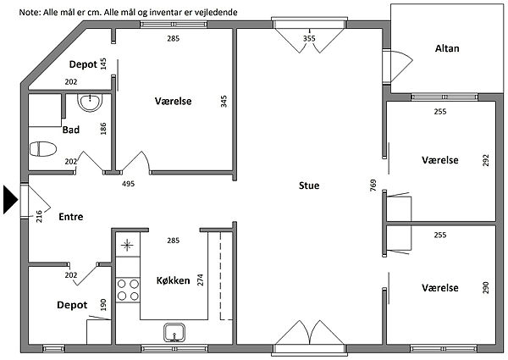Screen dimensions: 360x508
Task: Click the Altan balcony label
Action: coord(446,48)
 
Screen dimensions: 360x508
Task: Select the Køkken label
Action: coord(172,280)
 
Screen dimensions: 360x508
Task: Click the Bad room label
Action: coord(71,130)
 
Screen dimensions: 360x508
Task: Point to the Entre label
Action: coord(70,217)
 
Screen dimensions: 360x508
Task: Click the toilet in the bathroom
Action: coord(41,149)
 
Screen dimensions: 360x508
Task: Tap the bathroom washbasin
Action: coord(89,104)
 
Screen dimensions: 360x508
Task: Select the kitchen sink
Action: coord(175,332)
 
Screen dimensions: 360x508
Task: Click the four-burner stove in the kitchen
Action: coord(128,290)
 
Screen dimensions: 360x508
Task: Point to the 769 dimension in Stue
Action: coord(373,186)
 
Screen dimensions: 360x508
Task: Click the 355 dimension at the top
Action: coord(309,38)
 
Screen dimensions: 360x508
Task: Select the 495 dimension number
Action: coord(129,184)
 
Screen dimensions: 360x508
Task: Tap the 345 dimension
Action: coord(224,102)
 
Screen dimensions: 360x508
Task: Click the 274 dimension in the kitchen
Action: coord(199,280)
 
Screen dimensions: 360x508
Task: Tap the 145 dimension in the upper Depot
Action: coord(103,64)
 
